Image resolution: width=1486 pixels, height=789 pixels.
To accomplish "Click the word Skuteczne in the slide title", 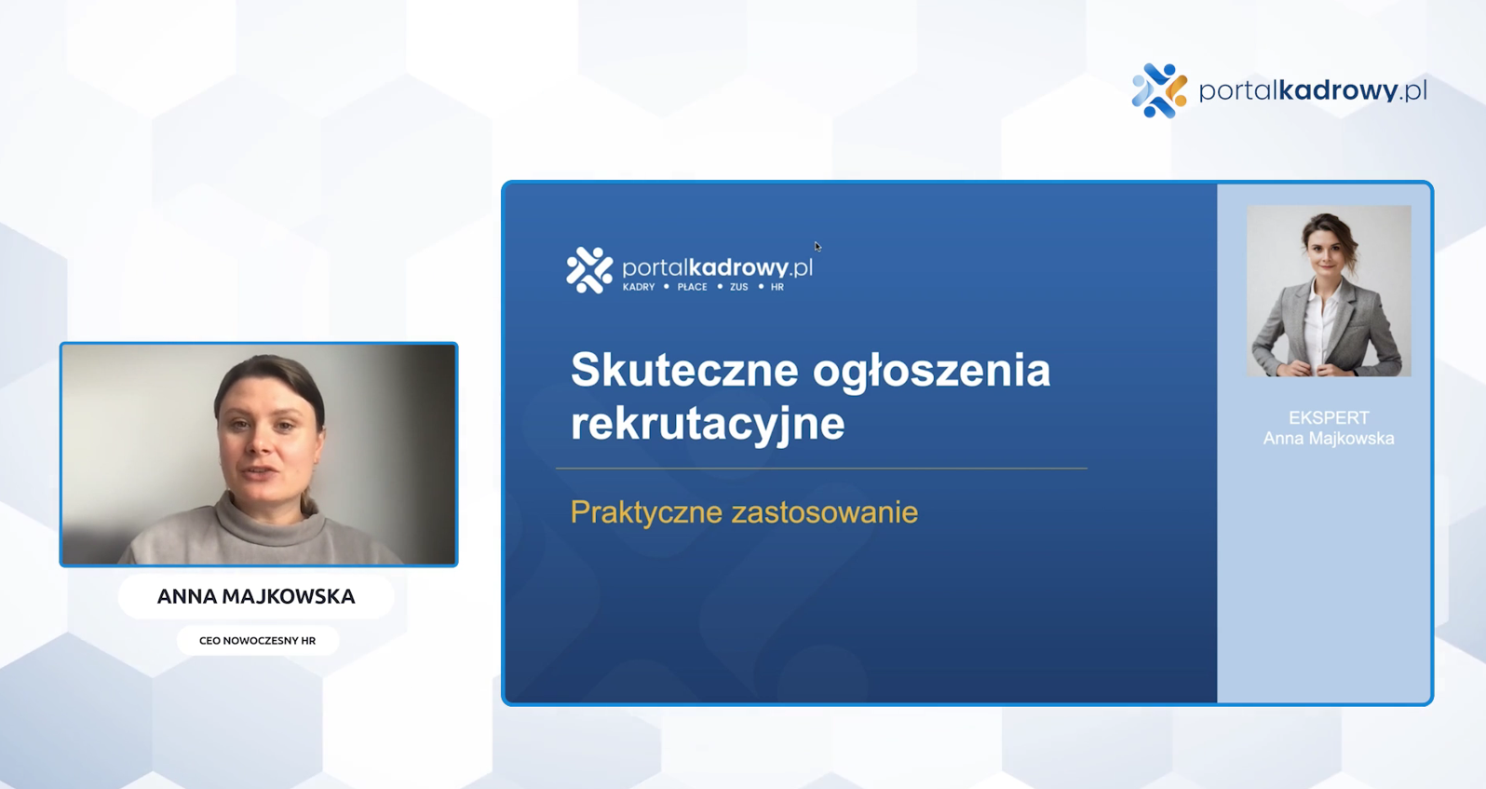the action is pos(684,370).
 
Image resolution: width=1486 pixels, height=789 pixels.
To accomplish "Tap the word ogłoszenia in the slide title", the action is pos(931,373).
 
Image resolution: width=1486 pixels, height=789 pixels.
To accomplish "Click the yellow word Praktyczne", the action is pos(646,513).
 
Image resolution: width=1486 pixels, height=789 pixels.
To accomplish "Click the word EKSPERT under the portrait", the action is pos(1329,417).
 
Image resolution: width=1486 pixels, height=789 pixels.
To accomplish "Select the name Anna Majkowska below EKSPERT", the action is pos(1328,439).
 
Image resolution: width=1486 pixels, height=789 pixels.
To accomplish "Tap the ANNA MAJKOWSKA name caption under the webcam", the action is pos(256,596).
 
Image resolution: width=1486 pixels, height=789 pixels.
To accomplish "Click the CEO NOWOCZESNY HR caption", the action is pos(257,640).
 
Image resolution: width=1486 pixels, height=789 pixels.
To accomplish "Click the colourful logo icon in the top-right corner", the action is pos(1159,91).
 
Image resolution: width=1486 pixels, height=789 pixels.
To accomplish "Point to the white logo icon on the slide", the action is pos(589,270).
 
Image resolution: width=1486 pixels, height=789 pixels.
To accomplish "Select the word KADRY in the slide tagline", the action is pos(638,287).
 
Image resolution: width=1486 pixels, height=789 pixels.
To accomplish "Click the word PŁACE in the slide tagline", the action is pos(692,287).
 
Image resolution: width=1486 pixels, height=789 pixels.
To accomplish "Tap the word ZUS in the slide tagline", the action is pos(738,287).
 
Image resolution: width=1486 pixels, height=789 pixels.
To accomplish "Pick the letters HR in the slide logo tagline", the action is pos(777,287).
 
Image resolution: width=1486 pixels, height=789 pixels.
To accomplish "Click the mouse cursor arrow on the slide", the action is pos(818,247).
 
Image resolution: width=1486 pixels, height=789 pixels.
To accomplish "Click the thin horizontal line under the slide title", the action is pos(821,469).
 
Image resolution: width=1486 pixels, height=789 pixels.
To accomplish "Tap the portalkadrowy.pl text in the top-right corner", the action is pos(1313,91).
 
